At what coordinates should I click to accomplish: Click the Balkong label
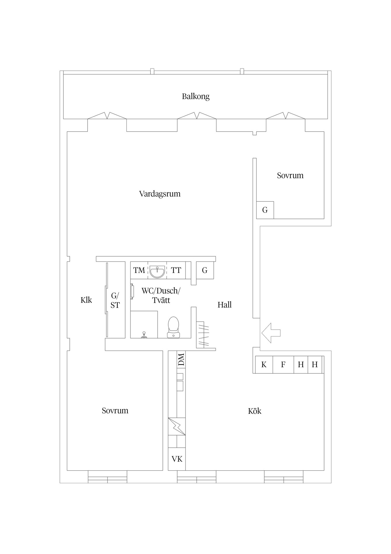pos(196,96)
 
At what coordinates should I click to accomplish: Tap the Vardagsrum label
pos(160,194)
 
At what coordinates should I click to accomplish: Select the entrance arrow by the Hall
pos(271,333)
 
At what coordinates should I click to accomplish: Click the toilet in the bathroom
pos(173,327)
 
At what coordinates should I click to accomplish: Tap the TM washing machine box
pos(139,270)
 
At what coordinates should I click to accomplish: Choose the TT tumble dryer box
pos(176,270)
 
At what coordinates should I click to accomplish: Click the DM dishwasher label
pos(181,360)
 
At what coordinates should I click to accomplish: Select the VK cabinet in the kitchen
pos(177,459)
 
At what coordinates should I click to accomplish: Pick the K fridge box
pos(264,365)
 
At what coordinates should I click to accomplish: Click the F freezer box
pos(283,365)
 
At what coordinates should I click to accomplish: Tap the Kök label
pos(255,411)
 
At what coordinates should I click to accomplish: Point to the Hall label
pos(224,305)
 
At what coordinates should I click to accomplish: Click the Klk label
pos(86,300)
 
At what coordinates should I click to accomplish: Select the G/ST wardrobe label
pos(115,300)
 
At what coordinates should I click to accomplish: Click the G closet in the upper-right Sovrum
pos(265,210)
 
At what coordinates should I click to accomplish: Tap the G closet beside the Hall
pos(205,270)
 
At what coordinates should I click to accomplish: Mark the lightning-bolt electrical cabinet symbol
pos(177,426)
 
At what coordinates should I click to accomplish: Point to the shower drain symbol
pos(144,335)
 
